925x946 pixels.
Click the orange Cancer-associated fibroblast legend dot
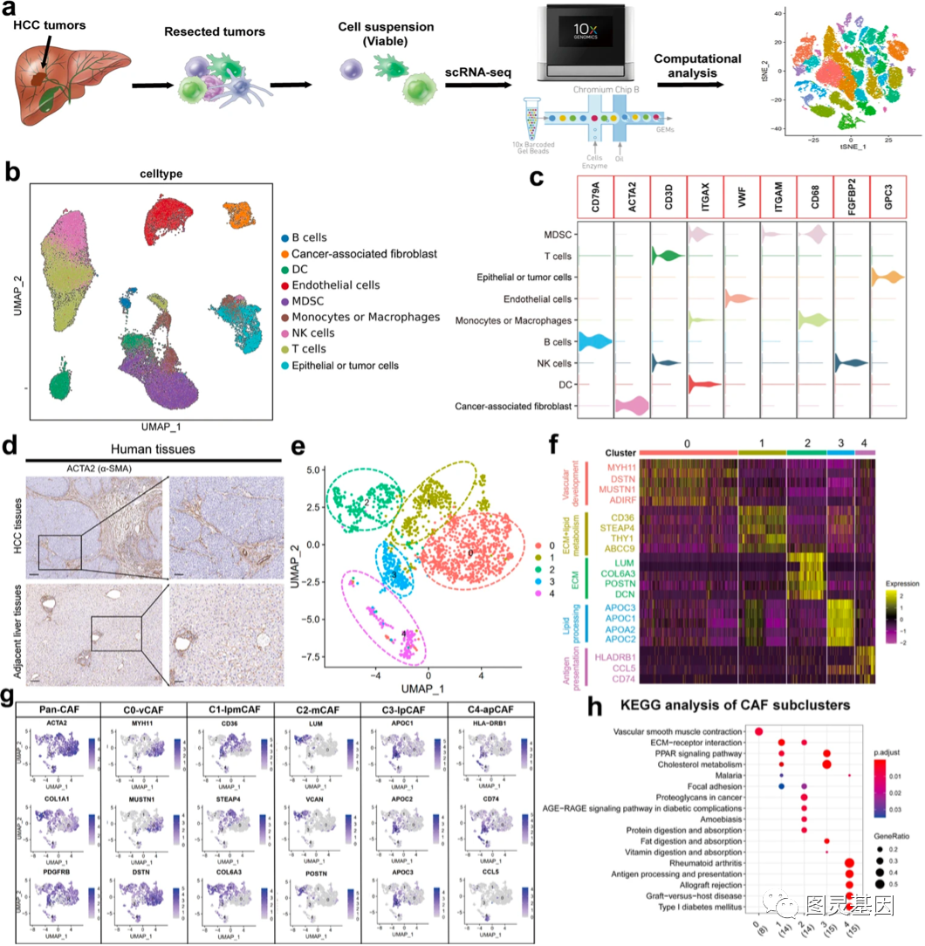point(285,254)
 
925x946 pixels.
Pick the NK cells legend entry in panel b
point(319,333)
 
